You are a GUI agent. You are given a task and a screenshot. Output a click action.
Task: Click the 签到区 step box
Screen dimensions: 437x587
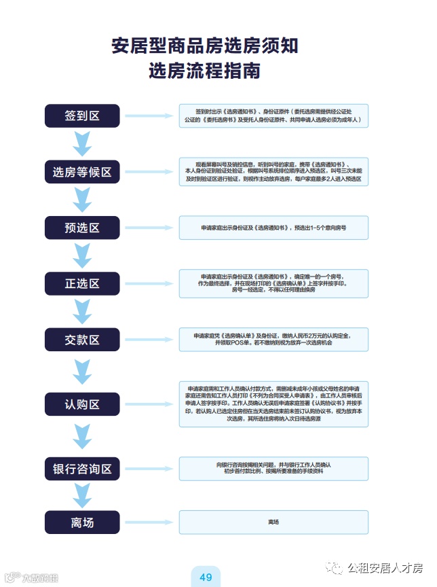pos(82,115)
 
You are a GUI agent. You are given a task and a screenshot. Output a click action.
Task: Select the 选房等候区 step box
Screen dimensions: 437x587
pos(82,172)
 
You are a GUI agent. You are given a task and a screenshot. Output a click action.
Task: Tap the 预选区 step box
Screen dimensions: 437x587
pos(82,228)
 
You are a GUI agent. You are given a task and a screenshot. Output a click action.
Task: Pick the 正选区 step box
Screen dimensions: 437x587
pos(82,283)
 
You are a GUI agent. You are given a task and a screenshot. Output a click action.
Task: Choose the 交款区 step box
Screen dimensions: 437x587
pos(82,339)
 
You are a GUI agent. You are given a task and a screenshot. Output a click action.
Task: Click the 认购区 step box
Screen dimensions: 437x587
pos(82,404)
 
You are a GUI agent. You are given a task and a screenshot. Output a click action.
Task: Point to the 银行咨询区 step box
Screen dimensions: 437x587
pos(82,468)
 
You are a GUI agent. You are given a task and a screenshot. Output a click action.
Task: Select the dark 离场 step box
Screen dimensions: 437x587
pos(82,522)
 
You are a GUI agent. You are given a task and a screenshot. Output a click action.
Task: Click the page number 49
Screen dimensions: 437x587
pos(206,577)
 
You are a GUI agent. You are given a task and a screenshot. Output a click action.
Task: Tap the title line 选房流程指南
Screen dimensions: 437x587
pos(205,71)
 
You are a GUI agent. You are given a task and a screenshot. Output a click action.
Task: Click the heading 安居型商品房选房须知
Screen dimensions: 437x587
pos(205,46)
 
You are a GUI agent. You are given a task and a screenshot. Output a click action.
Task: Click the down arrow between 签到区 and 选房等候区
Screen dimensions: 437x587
pos(82,144)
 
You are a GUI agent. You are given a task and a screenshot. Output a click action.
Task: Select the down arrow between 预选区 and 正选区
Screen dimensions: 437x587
pos(82,255)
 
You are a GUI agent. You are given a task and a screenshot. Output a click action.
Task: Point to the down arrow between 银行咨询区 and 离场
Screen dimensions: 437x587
pos(82,495)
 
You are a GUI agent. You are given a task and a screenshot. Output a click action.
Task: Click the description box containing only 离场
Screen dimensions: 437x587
pos(273,522)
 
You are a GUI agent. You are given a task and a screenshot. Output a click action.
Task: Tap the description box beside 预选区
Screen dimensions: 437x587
pos(273,228)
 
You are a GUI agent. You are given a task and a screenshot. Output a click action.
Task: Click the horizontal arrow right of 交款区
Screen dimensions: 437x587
pos(149,339)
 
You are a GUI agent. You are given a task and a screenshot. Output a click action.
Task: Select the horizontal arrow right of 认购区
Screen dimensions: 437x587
pos(149,404)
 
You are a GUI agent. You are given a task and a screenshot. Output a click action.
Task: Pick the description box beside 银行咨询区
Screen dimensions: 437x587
pos(273,468)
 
